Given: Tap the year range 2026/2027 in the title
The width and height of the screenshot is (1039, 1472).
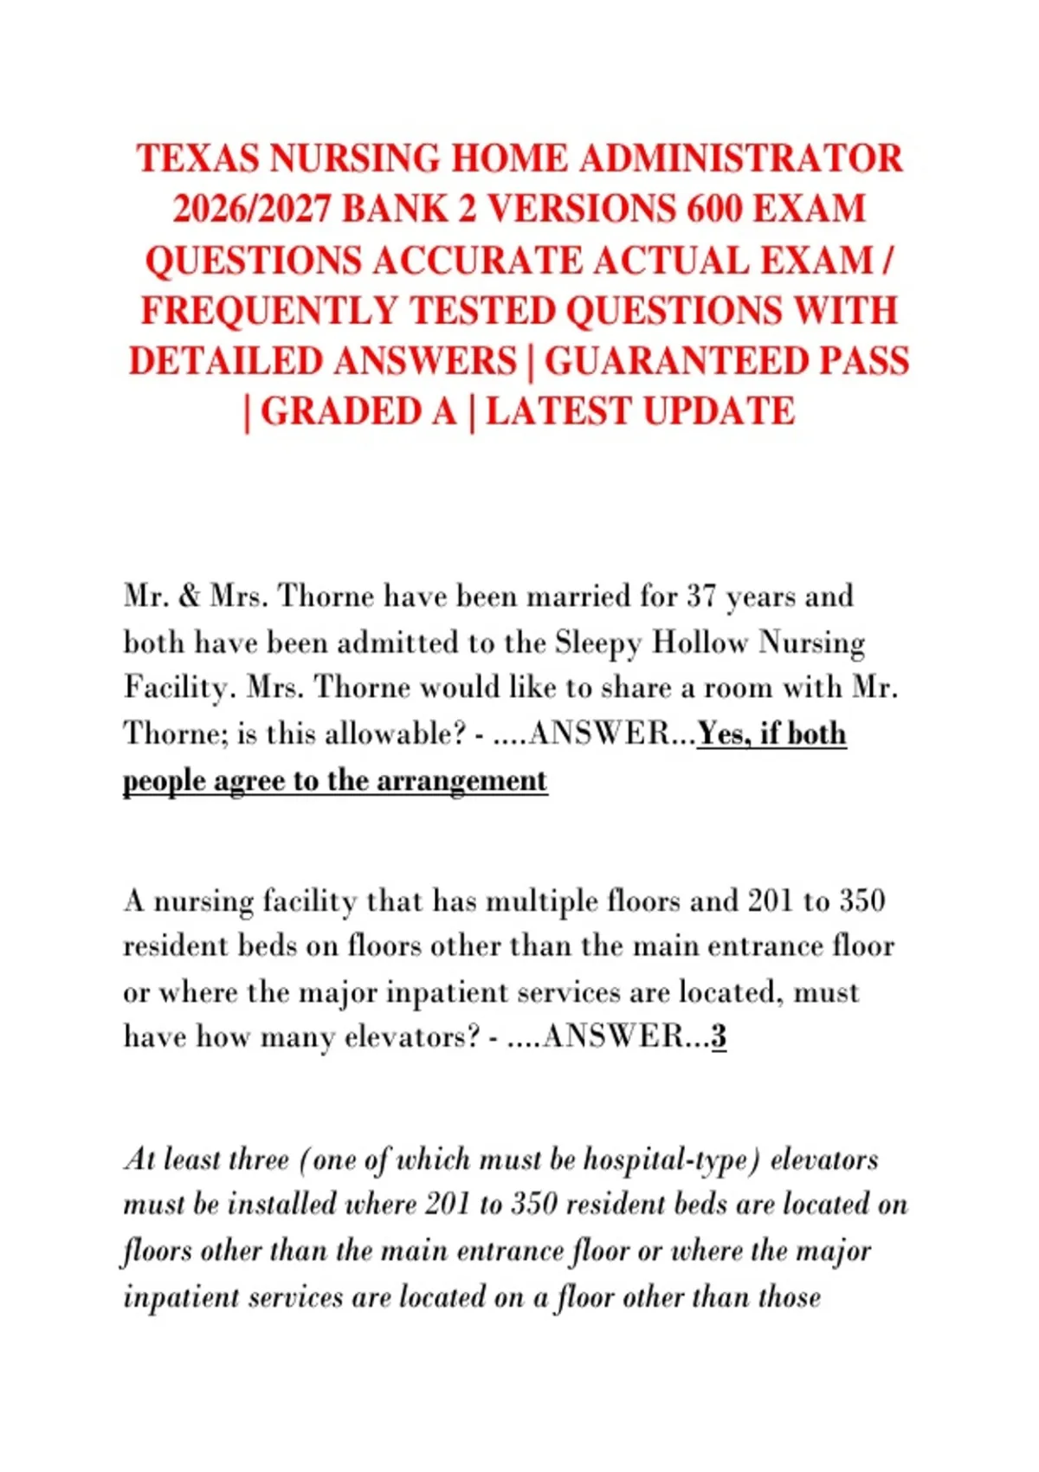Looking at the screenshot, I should tap(251, 210).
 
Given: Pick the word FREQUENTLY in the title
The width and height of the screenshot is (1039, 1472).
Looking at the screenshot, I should tap(268, 311).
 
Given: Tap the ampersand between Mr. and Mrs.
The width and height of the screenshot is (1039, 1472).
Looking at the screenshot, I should tap(190, 597).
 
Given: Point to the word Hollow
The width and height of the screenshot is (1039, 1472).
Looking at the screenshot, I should tap(700, 643).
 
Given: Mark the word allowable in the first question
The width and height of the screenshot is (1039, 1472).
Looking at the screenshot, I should tap(390, 734).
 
